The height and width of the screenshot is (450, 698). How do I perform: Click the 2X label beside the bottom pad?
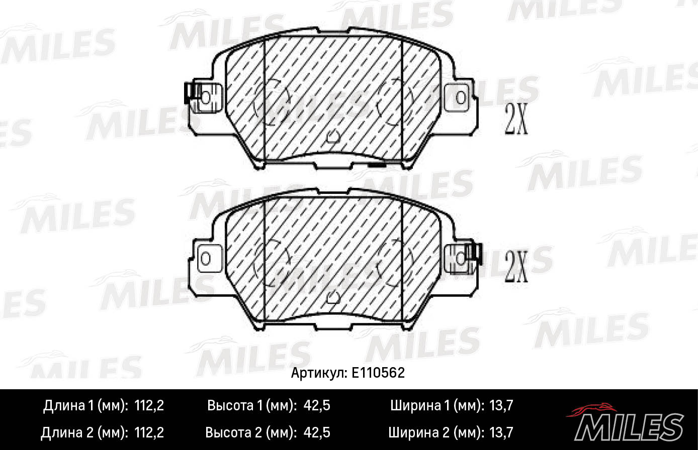(516, 268)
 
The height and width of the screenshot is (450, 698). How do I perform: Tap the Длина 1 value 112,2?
(149, 406)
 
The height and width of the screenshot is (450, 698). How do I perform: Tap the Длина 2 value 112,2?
(149, 432)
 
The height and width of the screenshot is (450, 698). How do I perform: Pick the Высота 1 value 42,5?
(317, 406)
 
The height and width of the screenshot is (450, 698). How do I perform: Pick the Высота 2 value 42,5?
(317, 432)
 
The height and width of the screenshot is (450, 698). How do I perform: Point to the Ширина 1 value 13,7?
(500, 406)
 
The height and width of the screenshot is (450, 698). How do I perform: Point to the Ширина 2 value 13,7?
(500, 432)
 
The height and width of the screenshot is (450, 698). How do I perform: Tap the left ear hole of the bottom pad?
(205, 259)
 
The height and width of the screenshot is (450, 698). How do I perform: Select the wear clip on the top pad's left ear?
(191, 93)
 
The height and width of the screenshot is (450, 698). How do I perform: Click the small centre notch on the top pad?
(332, 136)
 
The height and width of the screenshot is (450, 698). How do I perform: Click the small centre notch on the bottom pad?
(332, 298)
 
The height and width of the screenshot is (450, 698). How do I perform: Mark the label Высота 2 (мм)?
(252, 432)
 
